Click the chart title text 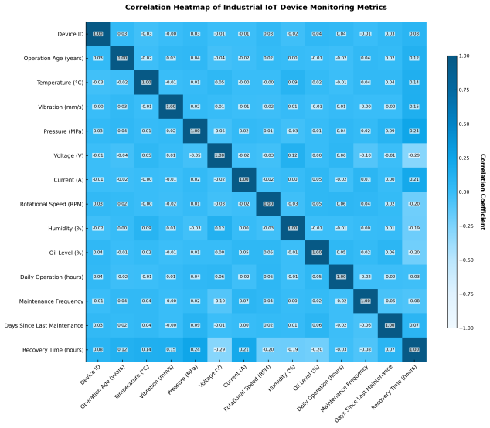[245, 7]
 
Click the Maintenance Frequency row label [49, 301]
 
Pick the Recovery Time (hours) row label [53, 349]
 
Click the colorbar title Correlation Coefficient [483, 192]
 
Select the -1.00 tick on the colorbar [464, 328]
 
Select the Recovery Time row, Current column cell [243, 349]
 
